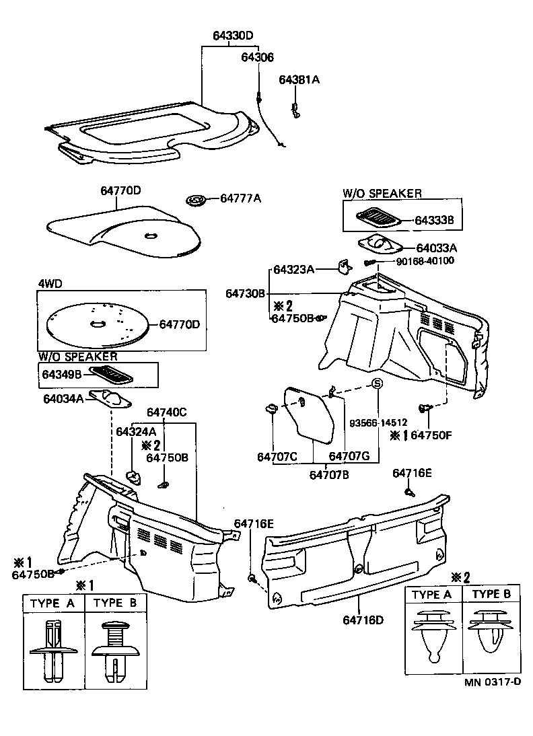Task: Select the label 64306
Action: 258,58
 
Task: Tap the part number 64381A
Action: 299,79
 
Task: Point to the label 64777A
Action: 240,198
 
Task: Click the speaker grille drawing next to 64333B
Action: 379,217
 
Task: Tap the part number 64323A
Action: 293,270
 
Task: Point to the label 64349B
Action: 61,373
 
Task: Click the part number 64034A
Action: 63,399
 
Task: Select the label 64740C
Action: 166,412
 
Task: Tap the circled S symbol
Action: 378,383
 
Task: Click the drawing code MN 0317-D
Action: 492,682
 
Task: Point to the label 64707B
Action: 328,475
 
